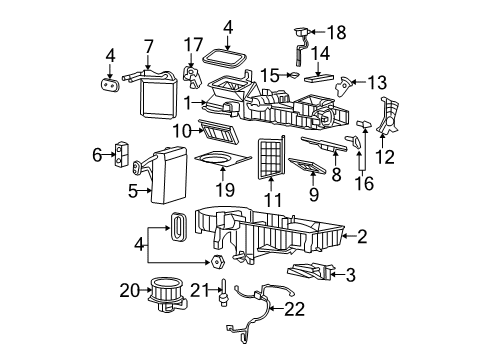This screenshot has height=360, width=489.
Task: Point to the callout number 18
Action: tap(336, 33)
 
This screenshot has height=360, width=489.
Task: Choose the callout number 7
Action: tap(148, 46)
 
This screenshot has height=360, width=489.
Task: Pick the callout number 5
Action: tap(133, 190)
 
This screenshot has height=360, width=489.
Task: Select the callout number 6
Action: tap(98, 155)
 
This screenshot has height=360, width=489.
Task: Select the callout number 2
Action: tap(362, 236)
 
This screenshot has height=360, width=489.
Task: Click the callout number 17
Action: tap(192, 44)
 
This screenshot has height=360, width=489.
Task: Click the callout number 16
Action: tap(363, 183)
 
